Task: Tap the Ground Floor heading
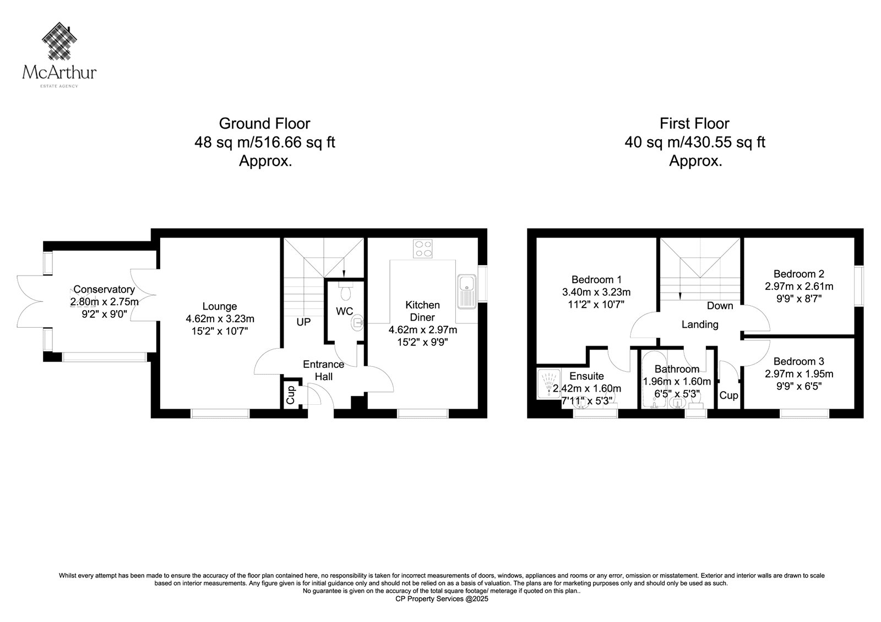coord(264,123)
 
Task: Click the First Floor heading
coord(694,123)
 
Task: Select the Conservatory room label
coord(104,289)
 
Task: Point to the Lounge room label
coord(220,306)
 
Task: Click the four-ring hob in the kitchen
coord(422,249)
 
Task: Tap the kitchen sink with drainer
coord(467,291)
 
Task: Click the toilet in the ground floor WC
coord(345,290)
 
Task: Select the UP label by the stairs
coord(303,322)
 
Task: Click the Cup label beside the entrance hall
coord(290,395)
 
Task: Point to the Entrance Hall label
coord(323,370)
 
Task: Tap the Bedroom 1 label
coord(596,279)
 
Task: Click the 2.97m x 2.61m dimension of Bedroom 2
coord(799,286)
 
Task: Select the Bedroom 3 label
coord(798,361)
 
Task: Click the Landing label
coord(700,324)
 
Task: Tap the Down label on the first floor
coord(720,305)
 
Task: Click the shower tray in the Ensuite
coord(548,384)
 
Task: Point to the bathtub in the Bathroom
coord(654,380)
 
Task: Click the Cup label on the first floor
coord(728,395)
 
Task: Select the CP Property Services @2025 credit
coord(442,599)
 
